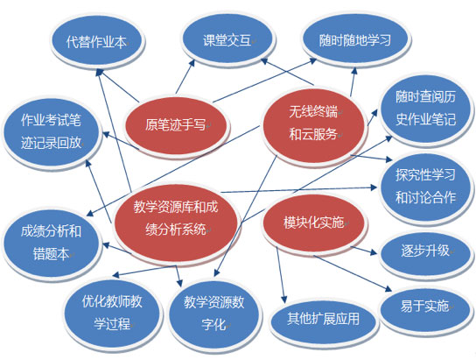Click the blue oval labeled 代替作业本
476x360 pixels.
(x=97, y=40)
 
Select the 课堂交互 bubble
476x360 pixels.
(x=227, y=39)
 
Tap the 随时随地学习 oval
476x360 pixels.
(x=355, y=39)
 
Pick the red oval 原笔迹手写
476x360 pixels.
(x=176, y=125)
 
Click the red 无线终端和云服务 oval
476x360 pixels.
(x=314, y=124)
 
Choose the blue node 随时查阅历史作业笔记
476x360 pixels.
(x=425, y=109)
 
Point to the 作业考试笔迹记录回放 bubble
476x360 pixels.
(x=51, y=131)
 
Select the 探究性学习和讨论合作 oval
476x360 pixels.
(x=425, y=187)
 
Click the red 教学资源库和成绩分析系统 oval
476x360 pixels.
(x=176, y=219)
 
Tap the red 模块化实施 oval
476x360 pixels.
(x=314, y=222)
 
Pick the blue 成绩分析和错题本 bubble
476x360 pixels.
(x=51, y=243)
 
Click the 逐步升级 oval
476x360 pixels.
(x=425, y=251)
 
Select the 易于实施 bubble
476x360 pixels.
(x=425, y=307)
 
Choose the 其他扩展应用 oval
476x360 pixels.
(x=324, y=320)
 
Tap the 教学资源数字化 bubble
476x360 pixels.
(x=214, y=314)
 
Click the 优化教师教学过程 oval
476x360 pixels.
(x=112, y=313)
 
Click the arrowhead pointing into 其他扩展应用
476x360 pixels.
(x=283, y=300)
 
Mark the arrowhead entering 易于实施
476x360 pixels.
(x=388, y=289)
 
